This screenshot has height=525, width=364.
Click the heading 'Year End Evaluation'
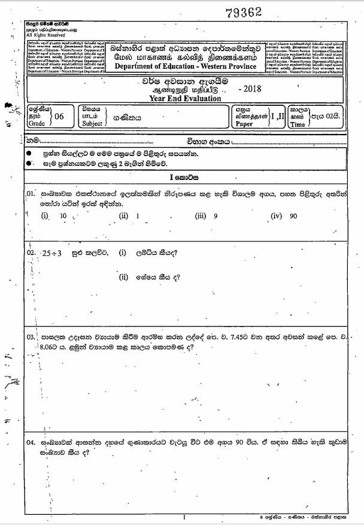pos(187,99)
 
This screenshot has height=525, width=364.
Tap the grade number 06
pos(59,117)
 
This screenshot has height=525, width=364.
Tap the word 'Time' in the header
pos(298,124)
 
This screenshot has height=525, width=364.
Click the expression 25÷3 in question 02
pos(53,254)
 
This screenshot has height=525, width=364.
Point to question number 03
pos(31,338)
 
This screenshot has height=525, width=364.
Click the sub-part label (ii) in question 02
pos(124,276)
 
